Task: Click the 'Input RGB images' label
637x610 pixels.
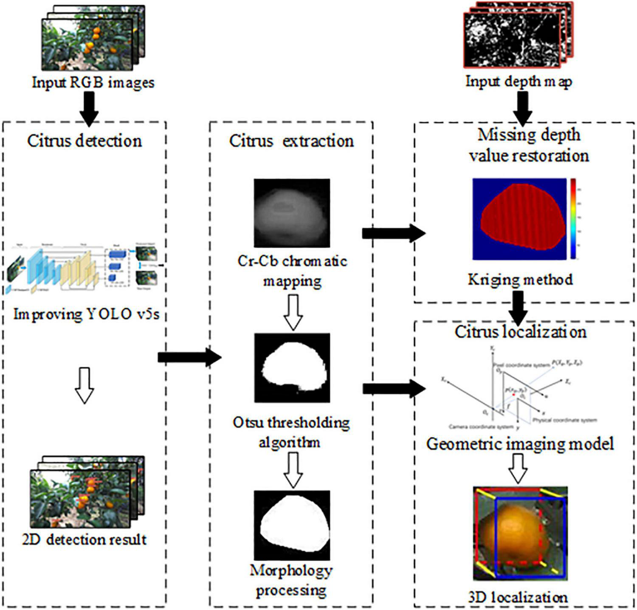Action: [93, 82]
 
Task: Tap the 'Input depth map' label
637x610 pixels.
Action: [519, 81]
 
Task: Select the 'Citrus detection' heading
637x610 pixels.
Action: [85, 141]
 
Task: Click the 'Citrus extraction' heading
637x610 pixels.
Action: [291, 141]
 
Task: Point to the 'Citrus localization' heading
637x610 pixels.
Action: [521, 332]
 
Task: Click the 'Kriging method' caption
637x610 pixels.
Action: [520, 280]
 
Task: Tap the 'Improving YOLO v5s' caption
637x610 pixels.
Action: [86, 315]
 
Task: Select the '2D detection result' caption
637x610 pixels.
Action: [85, 539]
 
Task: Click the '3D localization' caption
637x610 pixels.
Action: [518, 598]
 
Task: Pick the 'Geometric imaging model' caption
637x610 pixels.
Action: [520, 444]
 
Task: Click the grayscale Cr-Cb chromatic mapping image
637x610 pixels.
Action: [292, 213]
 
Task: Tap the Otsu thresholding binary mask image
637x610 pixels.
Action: [292, 367]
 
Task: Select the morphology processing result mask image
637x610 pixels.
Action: [292, 525]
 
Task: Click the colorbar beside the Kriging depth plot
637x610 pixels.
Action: [573, 218]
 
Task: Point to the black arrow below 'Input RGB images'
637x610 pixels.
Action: [89, 109]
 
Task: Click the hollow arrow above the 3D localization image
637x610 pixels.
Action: [518, 469]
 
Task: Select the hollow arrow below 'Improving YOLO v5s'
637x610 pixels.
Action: [85, 385]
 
